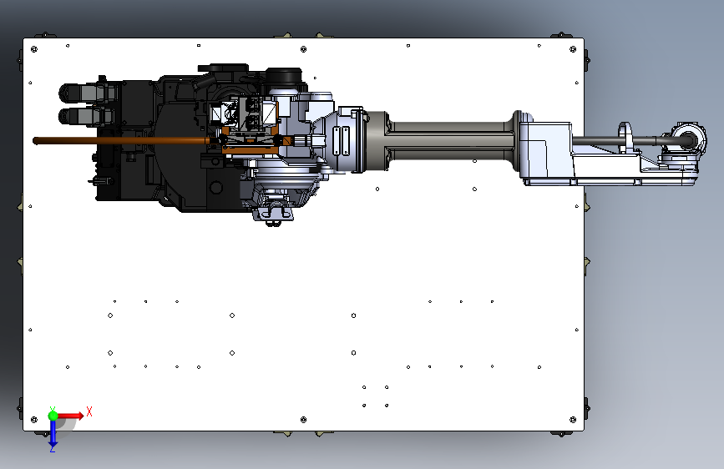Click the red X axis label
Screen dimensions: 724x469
coord(89,411)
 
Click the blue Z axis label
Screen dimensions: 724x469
coord(53,448)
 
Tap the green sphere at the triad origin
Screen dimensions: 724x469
coord(53,416)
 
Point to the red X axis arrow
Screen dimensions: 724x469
coord(70,416)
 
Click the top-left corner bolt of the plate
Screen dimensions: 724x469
coord(33,49)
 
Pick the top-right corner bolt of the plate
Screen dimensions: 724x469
coord(573,49)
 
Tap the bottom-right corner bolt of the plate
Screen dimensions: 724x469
coord(573,420)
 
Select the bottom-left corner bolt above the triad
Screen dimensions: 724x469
coord(33,420)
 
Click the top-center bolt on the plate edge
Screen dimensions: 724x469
coord(303,49)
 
